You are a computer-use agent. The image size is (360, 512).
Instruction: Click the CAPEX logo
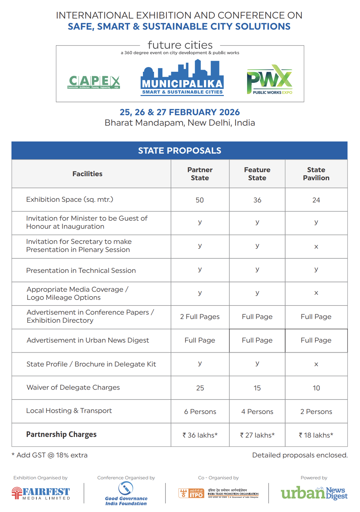[94, 82]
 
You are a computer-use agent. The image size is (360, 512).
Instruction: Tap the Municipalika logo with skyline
[182, 78]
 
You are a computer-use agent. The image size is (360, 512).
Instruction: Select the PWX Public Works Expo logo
[270, 80]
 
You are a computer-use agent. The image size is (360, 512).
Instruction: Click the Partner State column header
[200, 174]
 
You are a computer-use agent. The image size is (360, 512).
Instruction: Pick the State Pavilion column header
[316, 174]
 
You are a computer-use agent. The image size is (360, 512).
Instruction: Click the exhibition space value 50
[200, 200]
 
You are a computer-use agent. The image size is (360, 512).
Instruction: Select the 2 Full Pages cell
[200, 317]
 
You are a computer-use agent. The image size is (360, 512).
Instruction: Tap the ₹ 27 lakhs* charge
[257, 435]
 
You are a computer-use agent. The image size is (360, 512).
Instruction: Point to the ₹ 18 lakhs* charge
[316, 435]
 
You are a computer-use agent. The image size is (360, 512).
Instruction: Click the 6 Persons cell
[200, 412]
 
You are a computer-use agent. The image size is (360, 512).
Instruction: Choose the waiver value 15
[257, 388]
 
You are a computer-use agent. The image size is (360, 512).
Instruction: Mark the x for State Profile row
[316, 364]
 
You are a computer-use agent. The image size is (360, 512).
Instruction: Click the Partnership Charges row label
[61, 435]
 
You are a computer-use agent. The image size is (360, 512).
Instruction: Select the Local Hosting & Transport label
[69, 411]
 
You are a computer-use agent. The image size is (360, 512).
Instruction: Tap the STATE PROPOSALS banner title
[180, 151]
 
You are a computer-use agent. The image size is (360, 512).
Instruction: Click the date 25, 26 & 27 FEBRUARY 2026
[180, 112]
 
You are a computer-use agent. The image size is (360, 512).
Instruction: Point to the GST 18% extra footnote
[50, 455]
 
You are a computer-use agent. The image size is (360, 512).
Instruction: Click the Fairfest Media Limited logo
[41, 493]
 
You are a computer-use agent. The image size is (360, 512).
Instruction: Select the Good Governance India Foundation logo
[126, 494]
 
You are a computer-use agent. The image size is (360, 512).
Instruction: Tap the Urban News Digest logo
[314, 493]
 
